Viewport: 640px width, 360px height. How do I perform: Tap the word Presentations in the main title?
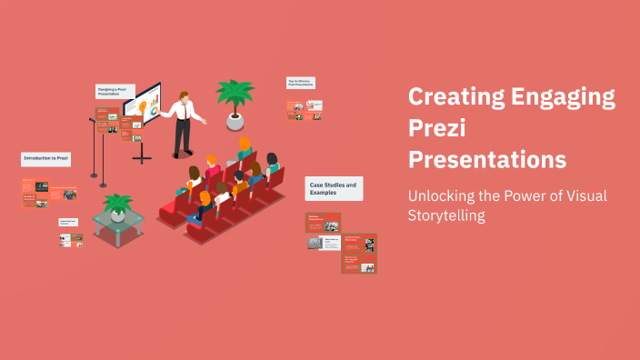(x=487, y=159)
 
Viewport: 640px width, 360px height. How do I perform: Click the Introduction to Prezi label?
(x=45, y=159)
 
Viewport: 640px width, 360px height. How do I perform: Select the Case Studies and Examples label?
(x=334, y=188)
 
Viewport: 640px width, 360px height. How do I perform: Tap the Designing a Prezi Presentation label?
(x=115, y=92)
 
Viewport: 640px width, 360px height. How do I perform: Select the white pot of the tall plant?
(x=235, y=120)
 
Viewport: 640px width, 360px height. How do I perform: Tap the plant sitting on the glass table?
(x=117, y=206)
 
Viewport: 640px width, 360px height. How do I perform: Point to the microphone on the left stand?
(x=92, y=119)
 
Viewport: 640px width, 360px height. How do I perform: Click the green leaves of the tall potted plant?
(x=235, y=94)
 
